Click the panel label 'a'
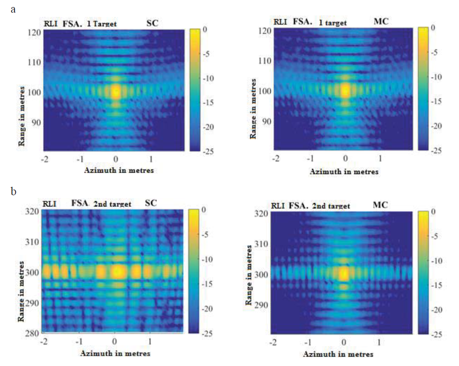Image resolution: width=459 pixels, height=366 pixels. [x=13, y=8]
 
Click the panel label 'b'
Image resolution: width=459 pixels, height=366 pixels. [x=13, y=191]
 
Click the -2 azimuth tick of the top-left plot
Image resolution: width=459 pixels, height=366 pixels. [x=44, y=159]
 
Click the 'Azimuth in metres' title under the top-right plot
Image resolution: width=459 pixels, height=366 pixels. [x=344, y=172]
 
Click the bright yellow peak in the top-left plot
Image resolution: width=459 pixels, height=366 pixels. [x=115, y=91]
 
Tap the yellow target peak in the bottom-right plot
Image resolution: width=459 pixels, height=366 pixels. [x=344, y=273]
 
